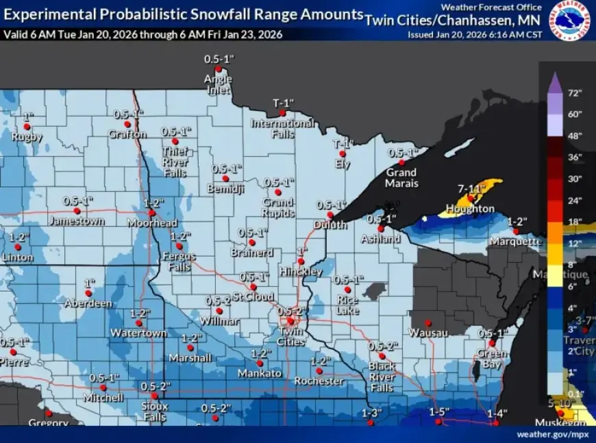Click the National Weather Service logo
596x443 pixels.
(572, 21)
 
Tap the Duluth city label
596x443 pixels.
(330, 224)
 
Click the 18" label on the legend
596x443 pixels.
(574, 221)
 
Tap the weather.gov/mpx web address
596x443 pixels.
(553, 434)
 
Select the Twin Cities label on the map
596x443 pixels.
(291, 336)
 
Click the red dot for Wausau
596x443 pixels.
(427, 322)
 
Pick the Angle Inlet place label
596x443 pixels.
(218, 84)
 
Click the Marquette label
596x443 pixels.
(516, 241)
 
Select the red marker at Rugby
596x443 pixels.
(27, 126)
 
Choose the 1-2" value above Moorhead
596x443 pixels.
(155, 203)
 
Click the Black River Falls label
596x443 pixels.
(382, 376)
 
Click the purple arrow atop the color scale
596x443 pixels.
(556, 81)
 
